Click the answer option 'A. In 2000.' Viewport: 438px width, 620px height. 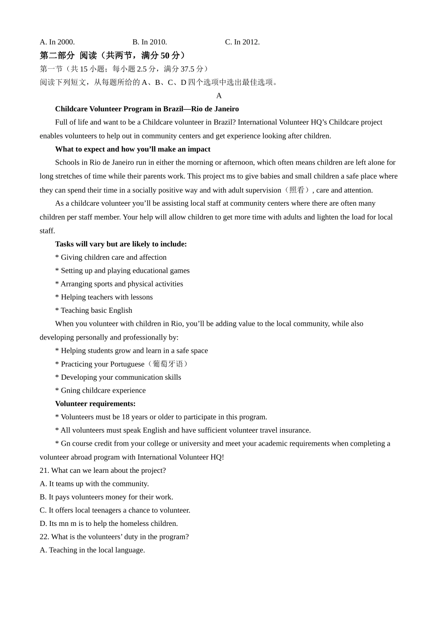[x=57, y=42]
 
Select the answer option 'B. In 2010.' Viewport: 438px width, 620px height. [x=150, y=42]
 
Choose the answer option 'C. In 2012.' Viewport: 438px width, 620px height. [x=242, y=42]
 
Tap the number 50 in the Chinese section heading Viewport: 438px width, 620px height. [x=165, y=55]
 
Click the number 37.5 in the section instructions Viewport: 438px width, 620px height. [x=187, y=69]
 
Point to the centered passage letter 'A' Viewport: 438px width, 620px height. [x=219, y=95]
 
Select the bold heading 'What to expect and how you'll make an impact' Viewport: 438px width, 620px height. [x=132, y=149]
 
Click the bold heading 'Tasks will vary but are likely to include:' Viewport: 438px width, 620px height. [x=121, y=244]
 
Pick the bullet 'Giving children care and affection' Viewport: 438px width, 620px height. [x=111, y=257]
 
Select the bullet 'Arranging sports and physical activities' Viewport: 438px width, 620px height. [x=119, y=284]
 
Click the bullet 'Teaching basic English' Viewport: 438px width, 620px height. [x=94, y=310]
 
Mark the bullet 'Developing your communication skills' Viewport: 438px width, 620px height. [x=118, y=377]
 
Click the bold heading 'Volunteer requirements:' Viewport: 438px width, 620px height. [x=95, y=404]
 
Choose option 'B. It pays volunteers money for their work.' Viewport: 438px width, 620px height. [x=107, y=497]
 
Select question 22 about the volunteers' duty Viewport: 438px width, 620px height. [x=114, y=537]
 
